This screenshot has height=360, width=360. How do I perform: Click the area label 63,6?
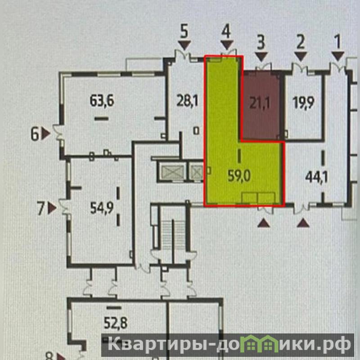tap(102, 100)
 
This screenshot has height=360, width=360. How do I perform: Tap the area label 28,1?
tap(187, 101)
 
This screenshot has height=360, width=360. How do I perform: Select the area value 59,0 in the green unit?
tap(239, 176)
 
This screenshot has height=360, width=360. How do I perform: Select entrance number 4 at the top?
tap(226, 32)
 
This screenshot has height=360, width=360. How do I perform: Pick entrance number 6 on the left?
tap(35, 134)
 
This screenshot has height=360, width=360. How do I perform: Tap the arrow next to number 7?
tap(52, 208)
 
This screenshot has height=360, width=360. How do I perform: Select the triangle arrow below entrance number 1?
tap(338, 56)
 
